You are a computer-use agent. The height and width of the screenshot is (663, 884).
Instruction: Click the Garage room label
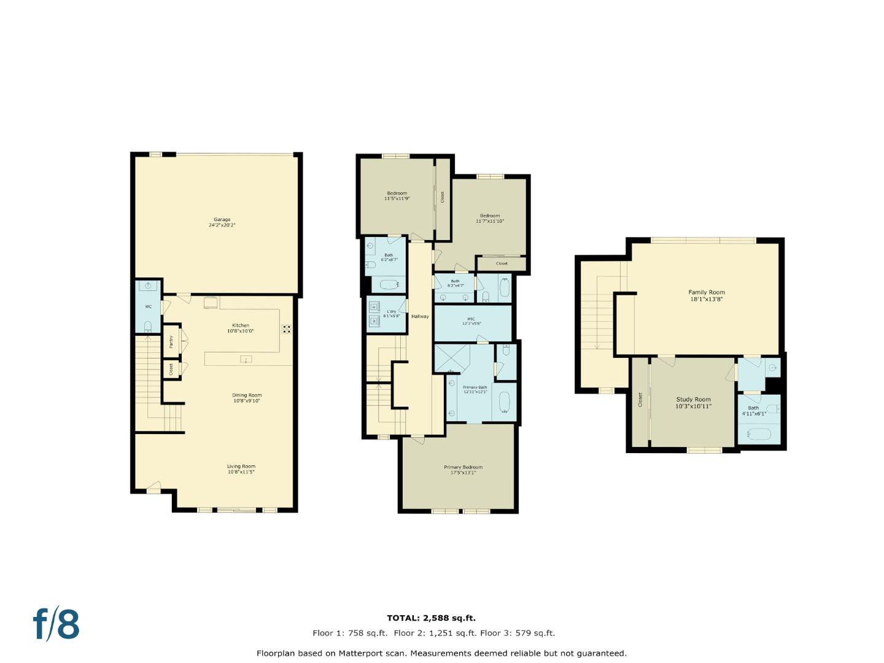(222, 222)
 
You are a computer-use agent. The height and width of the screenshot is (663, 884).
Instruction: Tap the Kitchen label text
(240, 328)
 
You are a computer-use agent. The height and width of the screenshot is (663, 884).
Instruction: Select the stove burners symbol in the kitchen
(287, 329)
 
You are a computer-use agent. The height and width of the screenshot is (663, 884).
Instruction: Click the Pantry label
(171, 342)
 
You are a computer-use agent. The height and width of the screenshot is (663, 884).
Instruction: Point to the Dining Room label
(247, 398)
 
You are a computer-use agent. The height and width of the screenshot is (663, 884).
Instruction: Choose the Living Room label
(241, 469)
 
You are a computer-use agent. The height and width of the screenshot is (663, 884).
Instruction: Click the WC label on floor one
(148, 306)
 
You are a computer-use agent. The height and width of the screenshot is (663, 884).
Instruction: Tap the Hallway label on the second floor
(420, 316)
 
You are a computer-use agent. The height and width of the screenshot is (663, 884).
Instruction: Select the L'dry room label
(391, 314)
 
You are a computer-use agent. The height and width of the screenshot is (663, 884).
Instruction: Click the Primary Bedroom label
(463, 470)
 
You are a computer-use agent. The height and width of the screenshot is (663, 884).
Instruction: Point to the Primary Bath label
(475, 389)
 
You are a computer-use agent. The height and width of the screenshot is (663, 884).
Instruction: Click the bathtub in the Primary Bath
(505, 403)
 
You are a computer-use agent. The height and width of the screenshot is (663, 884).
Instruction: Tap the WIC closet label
(471, 321)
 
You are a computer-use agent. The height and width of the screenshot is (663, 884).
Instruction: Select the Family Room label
(707, 296)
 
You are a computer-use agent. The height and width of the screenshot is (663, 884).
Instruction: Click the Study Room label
(693, 403)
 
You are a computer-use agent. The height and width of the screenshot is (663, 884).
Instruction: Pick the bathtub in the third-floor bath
(759, 435)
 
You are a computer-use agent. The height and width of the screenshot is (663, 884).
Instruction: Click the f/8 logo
(56, 624)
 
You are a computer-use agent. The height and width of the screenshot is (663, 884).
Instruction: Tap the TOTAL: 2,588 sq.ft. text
(431, 618)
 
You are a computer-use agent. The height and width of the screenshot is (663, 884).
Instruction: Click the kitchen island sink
(246, 359)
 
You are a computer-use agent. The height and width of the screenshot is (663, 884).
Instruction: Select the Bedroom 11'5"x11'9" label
(397, 196)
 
